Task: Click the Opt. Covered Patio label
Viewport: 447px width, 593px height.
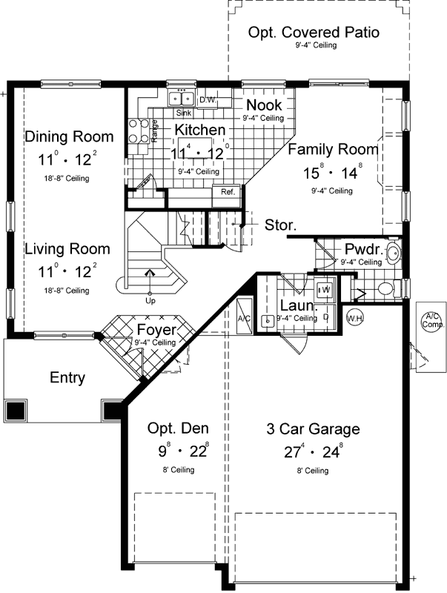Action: tap(314, 33)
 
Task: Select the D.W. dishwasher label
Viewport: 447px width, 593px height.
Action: tap(207, 99)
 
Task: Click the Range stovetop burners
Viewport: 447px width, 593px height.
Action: tap(137, 131)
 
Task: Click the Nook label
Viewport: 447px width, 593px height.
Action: tap(264, 105)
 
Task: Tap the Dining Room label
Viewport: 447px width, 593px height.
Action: tap(69, 136)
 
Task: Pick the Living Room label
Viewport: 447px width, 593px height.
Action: tap(67, 249)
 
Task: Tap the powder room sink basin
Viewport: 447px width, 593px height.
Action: tap(394, 254)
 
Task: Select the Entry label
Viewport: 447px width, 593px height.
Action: tap(67, 378)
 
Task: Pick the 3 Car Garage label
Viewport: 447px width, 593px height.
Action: tap(313, 428)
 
